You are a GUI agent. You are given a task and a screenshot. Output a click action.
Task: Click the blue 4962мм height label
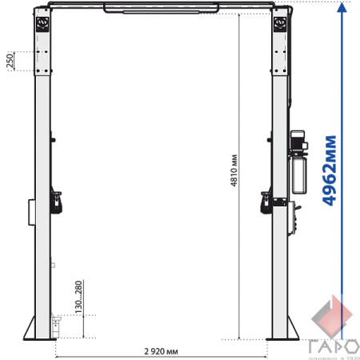[x=330, y=170]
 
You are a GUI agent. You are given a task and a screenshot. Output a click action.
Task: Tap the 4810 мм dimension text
[x=234, y=170]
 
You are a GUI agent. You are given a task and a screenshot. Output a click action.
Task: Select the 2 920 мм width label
[x=161, y=351]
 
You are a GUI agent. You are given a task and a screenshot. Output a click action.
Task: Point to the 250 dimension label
[x=10, y=61]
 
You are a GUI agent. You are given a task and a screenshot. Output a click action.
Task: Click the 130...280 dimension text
[x=78, y=297]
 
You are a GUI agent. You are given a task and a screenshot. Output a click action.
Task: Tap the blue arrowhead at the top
[x=342, y=7]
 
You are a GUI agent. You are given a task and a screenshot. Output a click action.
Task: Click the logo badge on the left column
[x=42, y=24]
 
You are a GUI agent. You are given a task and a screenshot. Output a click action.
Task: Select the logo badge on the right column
[x=280, y=24]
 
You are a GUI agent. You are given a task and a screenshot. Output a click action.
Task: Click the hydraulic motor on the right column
[x=298, y=141]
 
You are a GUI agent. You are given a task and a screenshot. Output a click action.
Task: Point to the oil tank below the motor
[x=299, y=174]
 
